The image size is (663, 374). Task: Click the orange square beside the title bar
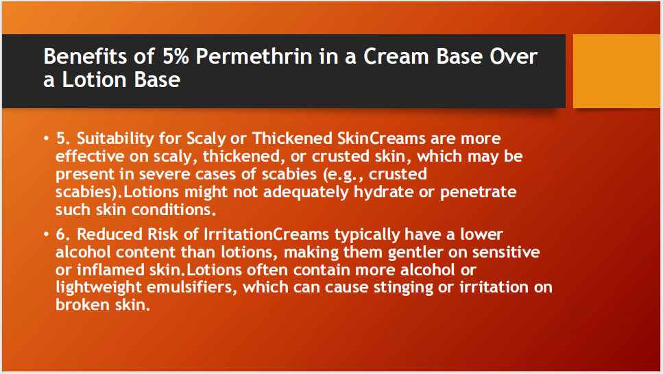(616, 71)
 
